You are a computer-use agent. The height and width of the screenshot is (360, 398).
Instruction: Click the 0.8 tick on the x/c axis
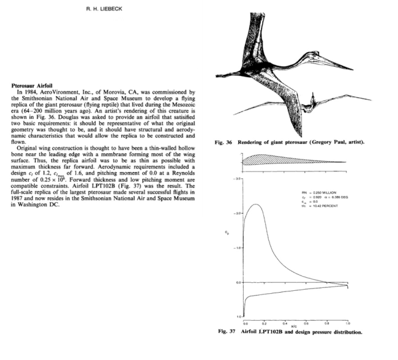point(327,323)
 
